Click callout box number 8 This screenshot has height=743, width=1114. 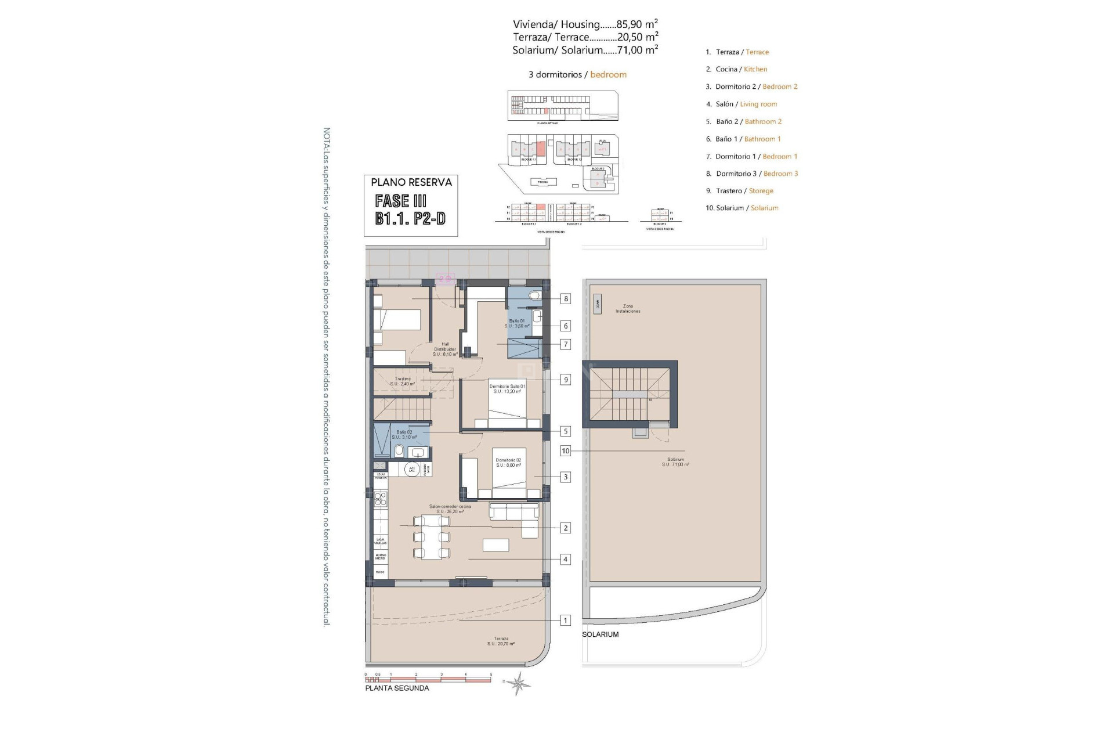tap(565, 299)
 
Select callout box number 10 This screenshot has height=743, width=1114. tap(565, 451)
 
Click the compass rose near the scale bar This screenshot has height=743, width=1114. tap(518, 683)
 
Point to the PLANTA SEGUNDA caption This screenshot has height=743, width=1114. tap(397, 688)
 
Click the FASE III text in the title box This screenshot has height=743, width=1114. tap(401, 201)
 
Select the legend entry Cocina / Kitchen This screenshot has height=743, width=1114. tap(736, 69)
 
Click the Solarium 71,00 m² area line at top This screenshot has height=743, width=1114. tap(585, 51)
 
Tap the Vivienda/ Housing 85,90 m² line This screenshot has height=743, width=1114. tap(585, 24)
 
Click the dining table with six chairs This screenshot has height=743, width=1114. tap(432, 537)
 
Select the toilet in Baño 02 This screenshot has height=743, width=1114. tap(399, 451)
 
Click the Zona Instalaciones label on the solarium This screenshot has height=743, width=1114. tap(628, 309)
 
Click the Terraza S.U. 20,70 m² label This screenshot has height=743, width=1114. tap(501, 641)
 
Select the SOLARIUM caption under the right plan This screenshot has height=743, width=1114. tap(600, 634)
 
